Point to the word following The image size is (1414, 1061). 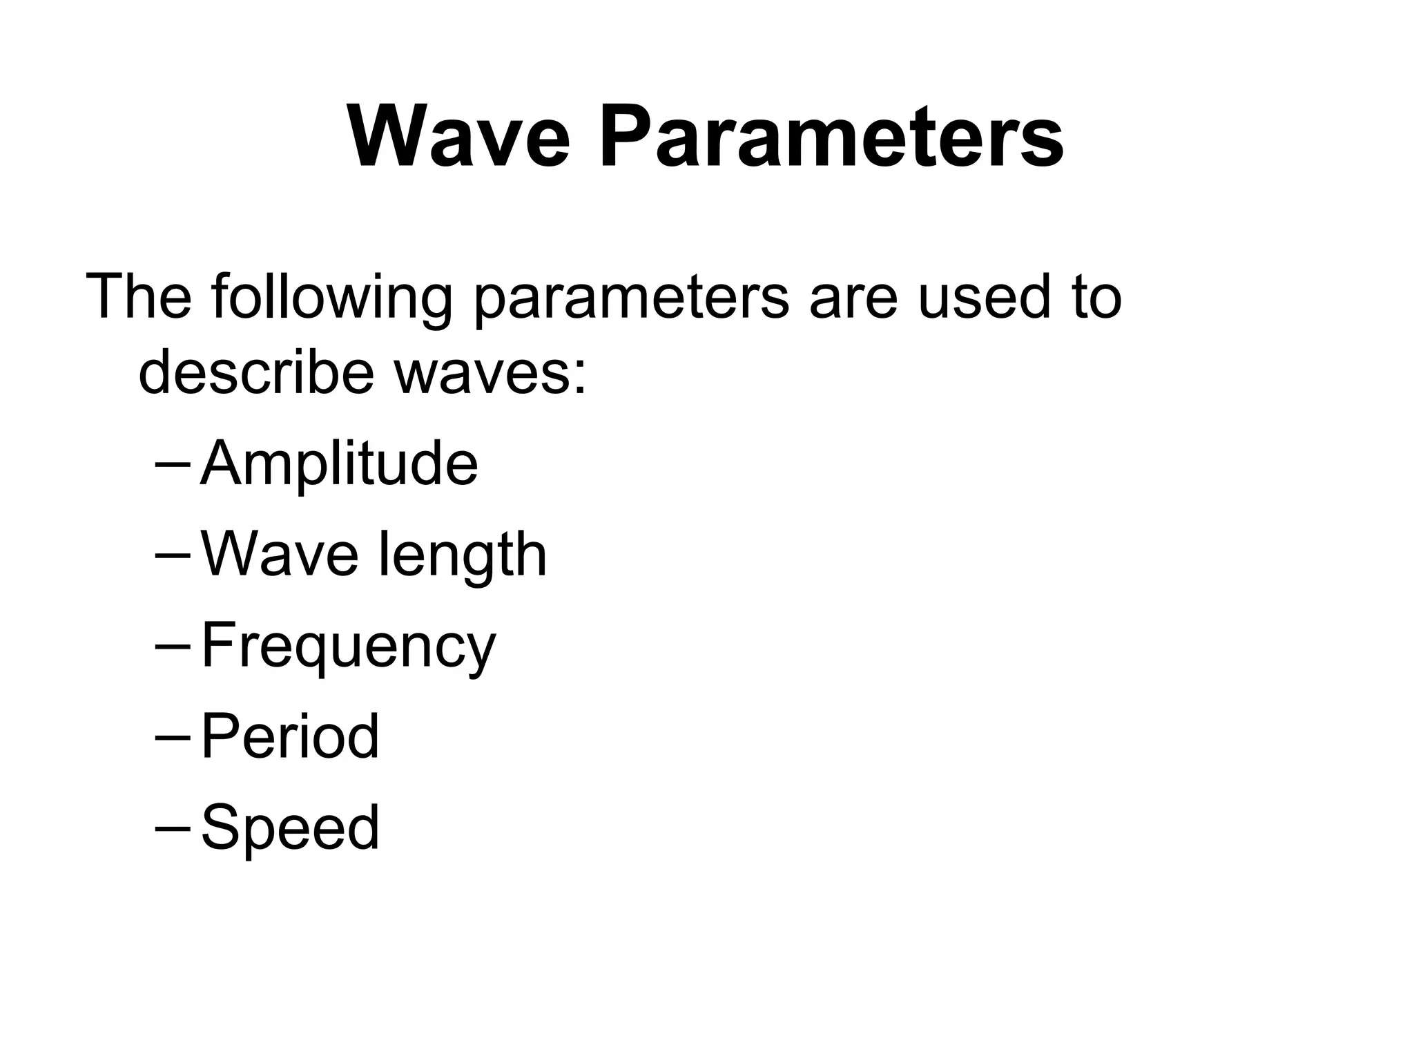(331, 298)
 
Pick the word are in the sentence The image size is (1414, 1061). (852, 298)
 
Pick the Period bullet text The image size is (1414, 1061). (290, 736)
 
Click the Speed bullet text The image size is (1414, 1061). (290, 829)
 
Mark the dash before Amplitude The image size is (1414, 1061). (174, 463)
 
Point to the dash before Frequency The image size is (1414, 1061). (174, 645)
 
